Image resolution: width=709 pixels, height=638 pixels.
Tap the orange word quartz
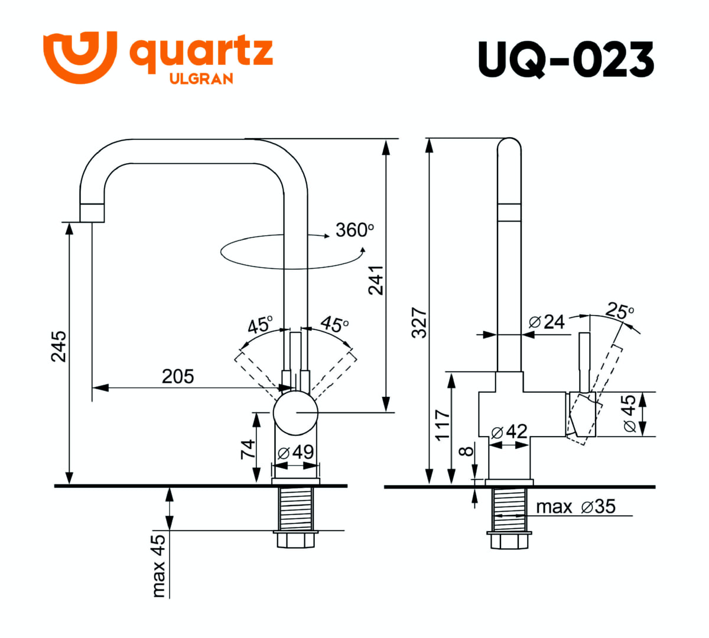click(x=201, y=53)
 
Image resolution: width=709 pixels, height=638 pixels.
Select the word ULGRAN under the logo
click(x=201, y=79)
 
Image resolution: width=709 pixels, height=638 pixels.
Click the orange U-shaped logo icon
click(x=80, y=57)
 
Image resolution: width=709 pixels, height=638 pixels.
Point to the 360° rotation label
click(x=354, y=230)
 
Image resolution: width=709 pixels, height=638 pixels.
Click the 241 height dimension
click(x=376, y=280)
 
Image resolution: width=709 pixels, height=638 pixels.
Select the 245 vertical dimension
click(x=58, y=346)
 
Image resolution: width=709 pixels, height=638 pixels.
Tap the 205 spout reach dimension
click(x=178, y=377)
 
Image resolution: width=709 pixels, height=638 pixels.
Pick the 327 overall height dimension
click(x=419, y=323)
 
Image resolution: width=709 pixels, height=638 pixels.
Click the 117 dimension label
click(x=442, y=425)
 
